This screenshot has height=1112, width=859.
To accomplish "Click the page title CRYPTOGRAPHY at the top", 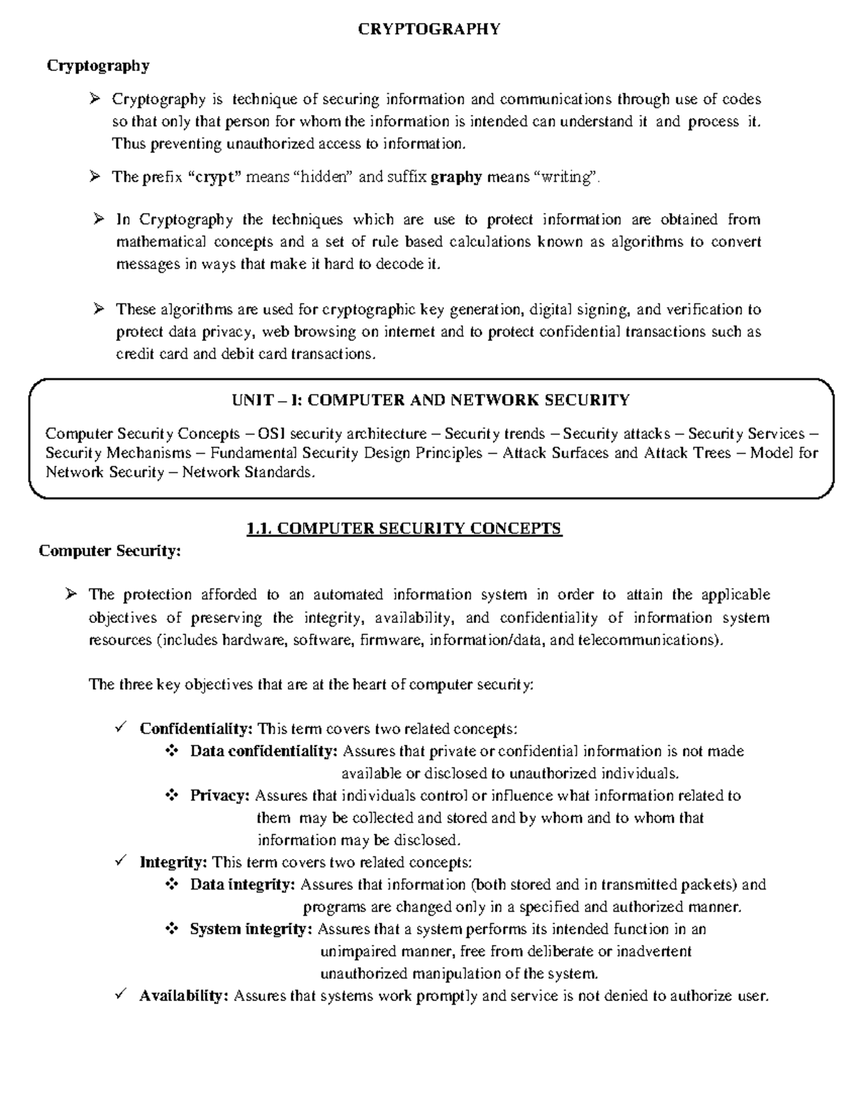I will coord(429,29).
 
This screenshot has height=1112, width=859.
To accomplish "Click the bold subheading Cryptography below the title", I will coord(98,66).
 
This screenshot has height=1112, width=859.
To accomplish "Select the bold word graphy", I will coord(457,177).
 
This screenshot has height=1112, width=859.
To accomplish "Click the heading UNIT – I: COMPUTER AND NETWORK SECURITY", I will coord(431,400).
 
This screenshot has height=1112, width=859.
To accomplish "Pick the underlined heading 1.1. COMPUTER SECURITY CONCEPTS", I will coord(404,529).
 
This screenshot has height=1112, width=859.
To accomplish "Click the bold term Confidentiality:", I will coord(196,729).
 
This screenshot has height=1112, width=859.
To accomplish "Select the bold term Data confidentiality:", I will coord(264,751).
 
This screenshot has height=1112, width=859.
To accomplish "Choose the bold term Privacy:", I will coord(220,796).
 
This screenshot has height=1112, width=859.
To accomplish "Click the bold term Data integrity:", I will coord(243,884).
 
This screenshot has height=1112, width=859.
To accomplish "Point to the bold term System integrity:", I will coord(251,929).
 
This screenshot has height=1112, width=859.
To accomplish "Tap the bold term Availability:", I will coord(184,996).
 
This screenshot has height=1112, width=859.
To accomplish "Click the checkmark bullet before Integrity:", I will coord(120,861).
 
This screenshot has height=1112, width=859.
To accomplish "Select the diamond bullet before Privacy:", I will coord(171,796).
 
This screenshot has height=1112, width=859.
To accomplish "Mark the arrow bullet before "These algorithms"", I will coord(99,309).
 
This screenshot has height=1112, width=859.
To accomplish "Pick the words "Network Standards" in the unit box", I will coord(247,473).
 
